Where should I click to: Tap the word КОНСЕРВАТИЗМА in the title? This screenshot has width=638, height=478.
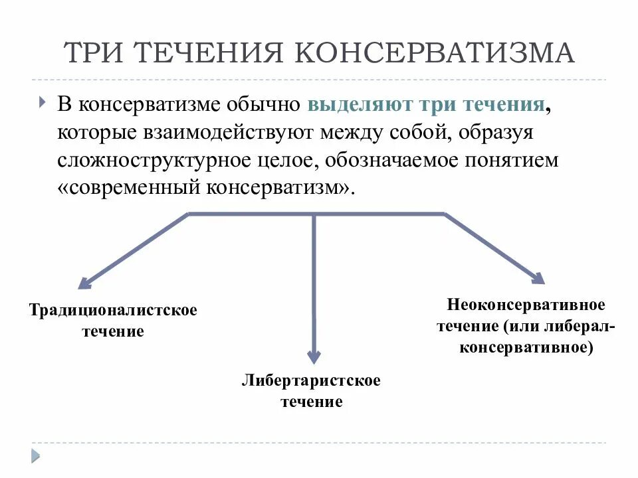tap(434, 53)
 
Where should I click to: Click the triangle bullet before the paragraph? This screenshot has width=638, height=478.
tap(43, 104)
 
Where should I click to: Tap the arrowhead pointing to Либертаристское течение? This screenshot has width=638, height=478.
tap(314, 357)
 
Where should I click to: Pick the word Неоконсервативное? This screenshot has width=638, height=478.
tap(526, 305)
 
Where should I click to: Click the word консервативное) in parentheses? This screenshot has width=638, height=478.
tap(526, 347)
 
